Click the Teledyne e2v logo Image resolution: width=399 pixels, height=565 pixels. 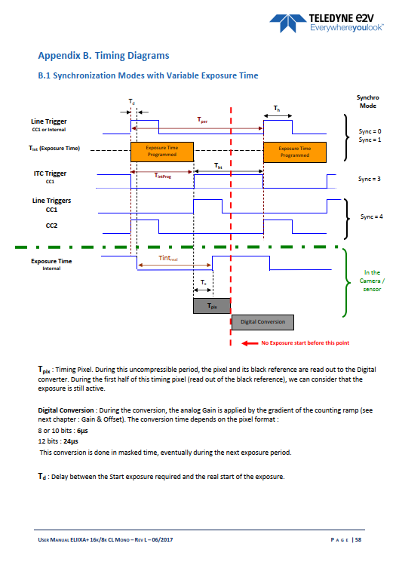click(327, 23)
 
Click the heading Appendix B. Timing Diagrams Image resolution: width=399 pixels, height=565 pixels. click(103, 56)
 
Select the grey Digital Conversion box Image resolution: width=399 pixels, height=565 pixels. click(262, 322)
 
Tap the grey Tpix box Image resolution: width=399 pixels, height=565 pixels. click(212, 306)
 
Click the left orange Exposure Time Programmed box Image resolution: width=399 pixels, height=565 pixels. click(162, 152)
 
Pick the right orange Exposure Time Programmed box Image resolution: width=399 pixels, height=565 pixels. click(295, 152)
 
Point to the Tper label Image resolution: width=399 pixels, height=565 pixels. click(202, 120)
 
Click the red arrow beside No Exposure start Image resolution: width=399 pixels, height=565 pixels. click(250, 343)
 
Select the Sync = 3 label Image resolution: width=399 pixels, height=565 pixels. click(370, 179)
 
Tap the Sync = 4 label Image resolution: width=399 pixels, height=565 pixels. click(372, 216)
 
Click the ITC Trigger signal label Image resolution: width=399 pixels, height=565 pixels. click(50, 173)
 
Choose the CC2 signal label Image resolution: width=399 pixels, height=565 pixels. click(51, 226)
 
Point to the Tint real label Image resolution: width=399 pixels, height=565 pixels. click(168, 258)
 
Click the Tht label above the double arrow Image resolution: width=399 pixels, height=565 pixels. click(219, 166)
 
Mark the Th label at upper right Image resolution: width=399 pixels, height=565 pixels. click(277, 108)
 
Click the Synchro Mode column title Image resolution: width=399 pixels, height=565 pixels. click(367, 102)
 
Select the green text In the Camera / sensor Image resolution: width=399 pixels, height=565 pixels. click(372, 281)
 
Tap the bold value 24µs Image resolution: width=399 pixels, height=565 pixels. click(71, 441)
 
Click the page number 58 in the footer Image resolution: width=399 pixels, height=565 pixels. click(358, 540)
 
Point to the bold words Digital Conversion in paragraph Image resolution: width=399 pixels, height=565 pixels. click(66, 410)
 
